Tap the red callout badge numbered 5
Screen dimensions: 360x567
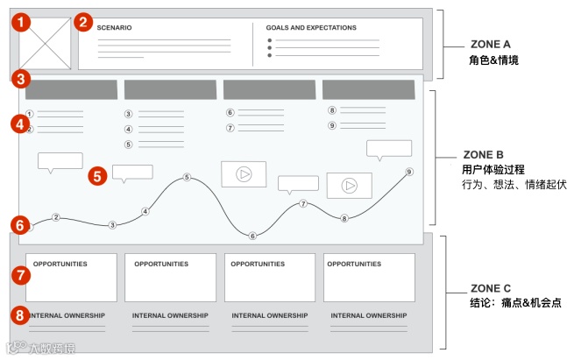[99, 175]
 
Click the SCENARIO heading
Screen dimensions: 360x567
[114, 28]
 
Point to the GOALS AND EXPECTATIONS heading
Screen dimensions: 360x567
[311, 28]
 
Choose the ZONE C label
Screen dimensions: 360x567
[488, 287]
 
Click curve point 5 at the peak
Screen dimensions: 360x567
[187, 178]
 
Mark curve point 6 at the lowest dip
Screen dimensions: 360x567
[252, 236]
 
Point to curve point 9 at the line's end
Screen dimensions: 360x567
[408, 172]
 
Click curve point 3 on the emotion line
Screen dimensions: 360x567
[112, 225]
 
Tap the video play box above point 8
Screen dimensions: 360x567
[349, 185]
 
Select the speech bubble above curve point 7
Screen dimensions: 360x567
[298, 184]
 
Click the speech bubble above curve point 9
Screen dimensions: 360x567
[388, 148]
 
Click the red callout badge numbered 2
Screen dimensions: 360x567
[82, 22]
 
